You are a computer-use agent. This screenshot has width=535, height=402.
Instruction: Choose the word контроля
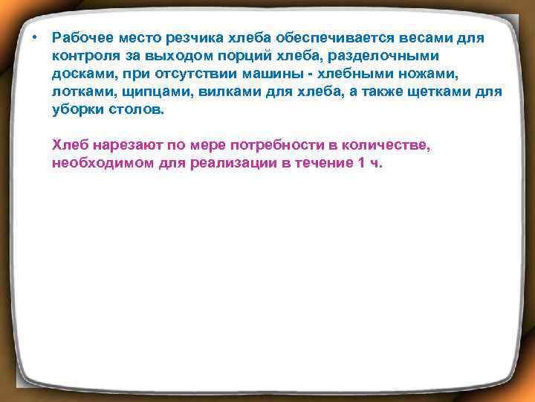(x=85, y=56)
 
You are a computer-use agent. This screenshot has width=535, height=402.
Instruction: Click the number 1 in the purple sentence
(x=361, y=163)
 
